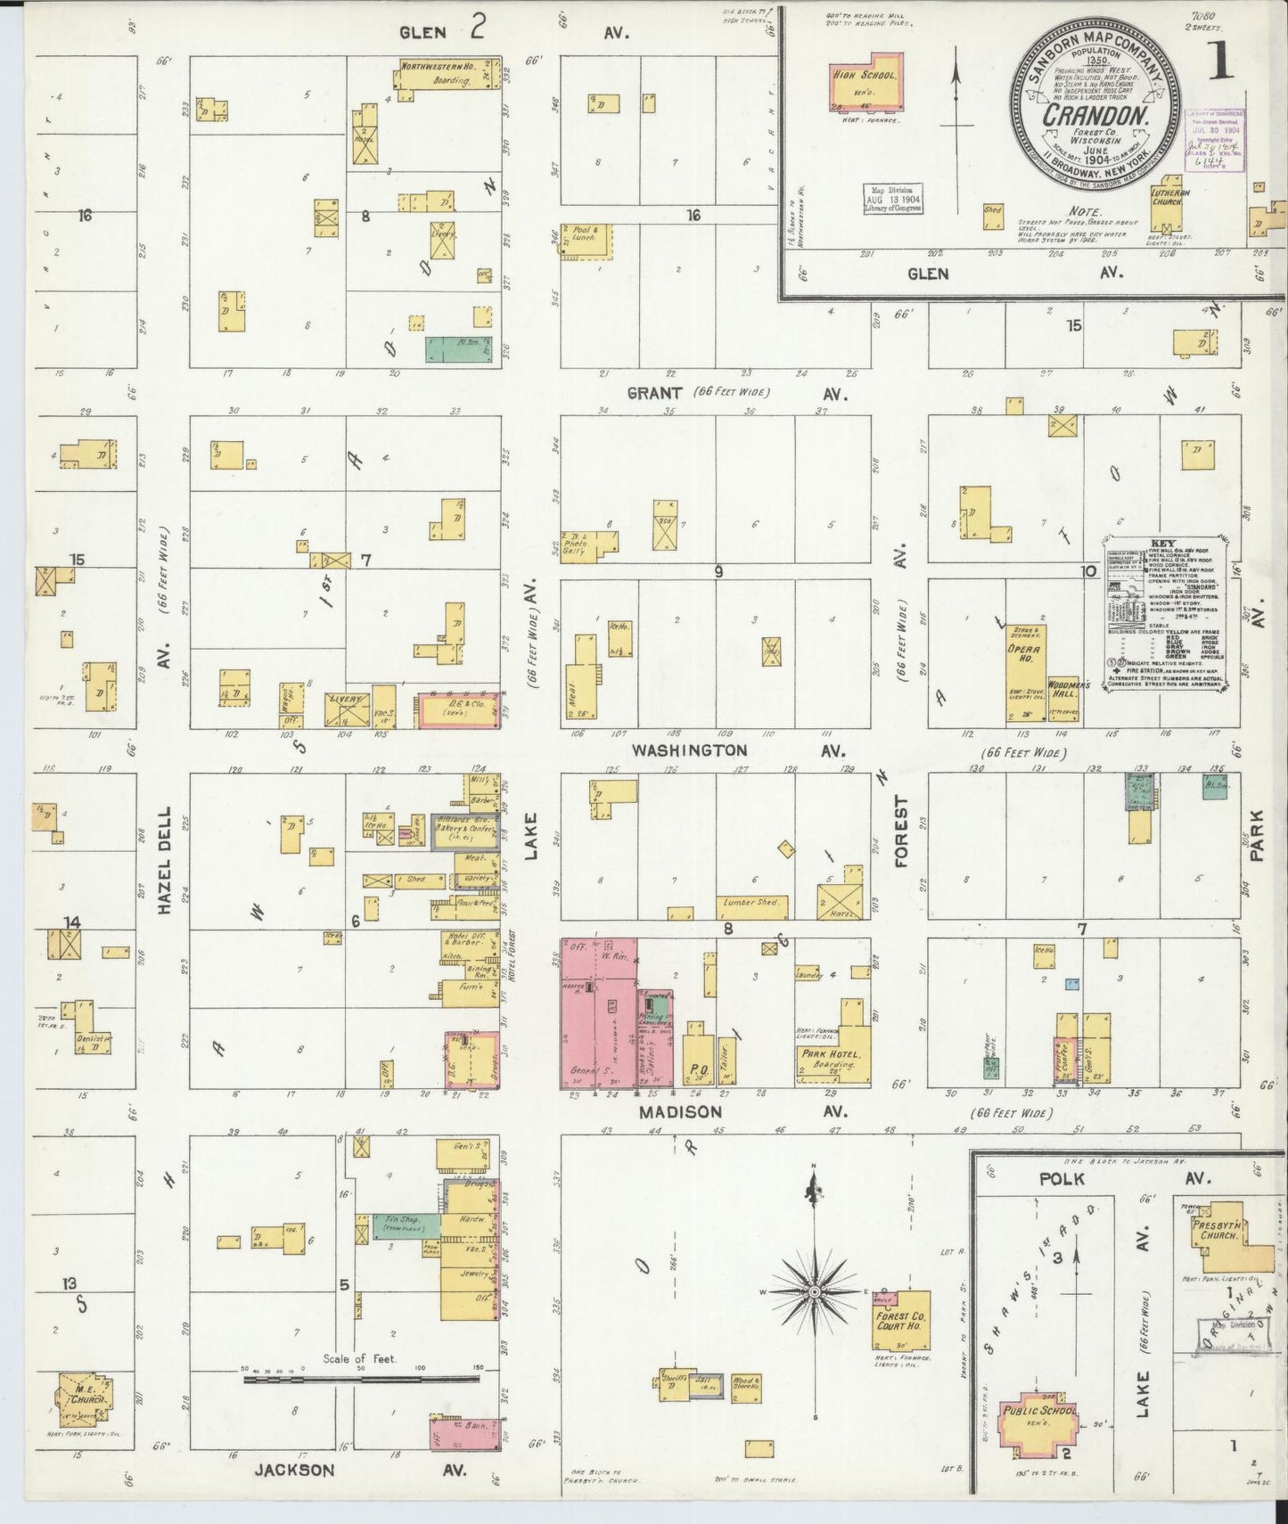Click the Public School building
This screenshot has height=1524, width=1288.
coord(1040,1417)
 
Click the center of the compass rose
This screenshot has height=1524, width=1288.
coord(814,1291)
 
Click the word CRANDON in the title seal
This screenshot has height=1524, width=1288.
coord(1094,115)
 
